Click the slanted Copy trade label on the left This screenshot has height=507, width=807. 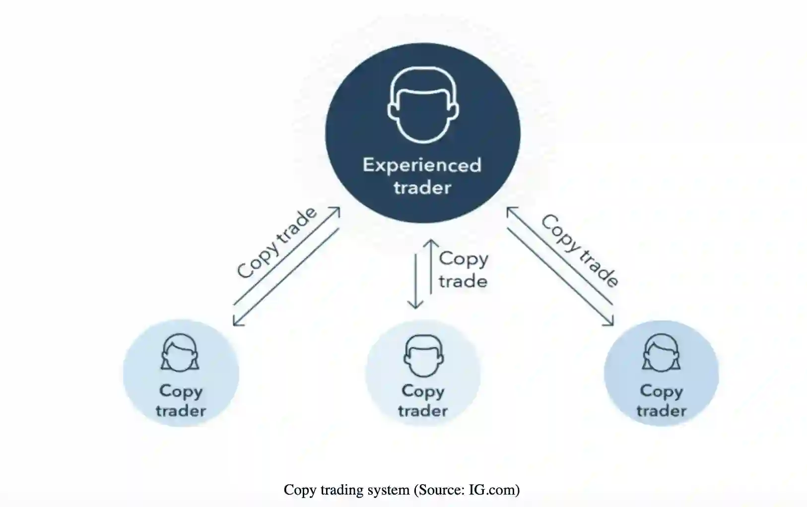[x=276, y=243]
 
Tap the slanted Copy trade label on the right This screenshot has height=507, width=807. [x=580, y=250]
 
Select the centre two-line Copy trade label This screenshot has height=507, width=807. [x=463, y=270]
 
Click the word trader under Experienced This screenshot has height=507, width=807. [x=422, y=188]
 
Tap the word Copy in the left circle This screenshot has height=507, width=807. [x=181, y=391]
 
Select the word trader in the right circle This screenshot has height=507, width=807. [x=661, y=411]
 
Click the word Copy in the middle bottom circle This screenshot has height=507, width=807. [x=422, y=391]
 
